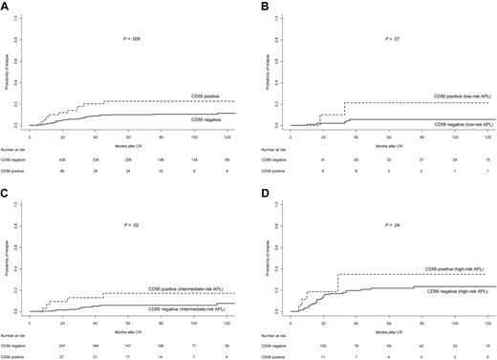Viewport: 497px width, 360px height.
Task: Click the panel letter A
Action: [6, 6]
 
